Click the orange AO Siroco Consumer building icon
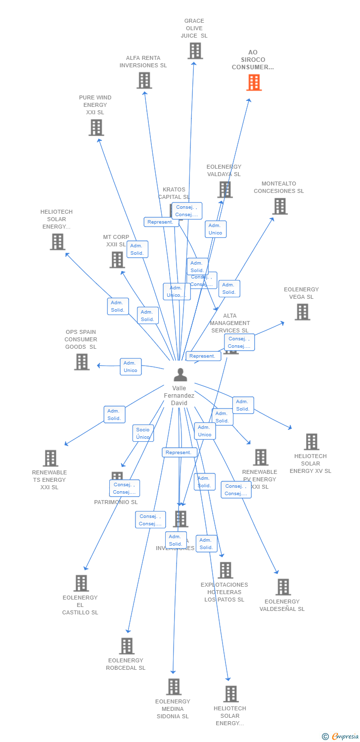[254, 83]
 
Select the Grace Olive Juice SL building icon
[195, 51]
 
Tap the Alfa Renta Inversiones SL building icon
[144, 80]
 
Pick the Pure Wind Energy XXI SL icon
[96, 127]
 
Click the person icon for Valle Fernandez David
[180, 374]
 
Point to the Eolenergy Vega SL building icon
[302, 312]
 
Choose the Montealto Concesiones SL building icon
[280, 206]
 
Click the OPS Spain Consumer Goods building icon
[82, 362]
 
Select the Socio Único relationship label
[143, 433]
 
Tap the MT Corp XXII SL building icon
[117, 259]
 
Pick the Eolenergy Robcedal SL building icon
[127, 646]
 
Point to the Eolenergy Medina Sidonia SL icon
[174, 687]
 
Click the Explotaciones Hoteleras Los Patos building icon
[225, 570]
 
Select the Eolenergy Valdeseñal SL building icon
[283, 587]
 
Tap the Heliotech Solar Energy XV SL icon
[312, 441]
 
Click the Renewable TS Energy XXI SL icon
[50, 458]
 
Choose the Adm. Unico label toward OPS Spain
[131, 367]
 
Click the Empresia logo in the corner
[341, 737]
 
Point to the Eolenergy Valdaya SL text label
[224, 171]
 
